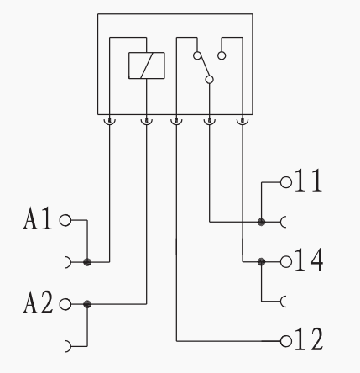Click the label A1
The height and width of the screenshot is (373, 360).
[x=38, y=218]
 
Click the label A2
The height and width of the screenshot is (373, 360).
[x=38, y=302]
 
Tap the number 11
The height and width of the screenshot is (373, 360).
[x=308, y=181]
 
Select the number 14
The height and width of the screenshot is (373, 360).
[x=309, y=260]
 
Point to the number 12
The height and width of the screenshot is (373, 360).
[x=309, y=339]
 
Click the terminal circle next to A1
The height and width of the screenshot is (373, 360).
[x=65, y=220]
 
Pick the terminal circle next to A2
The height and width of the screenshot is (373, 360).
[x=65, y=304]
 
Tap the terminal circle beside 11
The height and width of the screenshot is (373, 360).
[x=286, y=182]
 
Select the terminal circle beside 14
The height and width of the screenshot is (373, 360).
[x=286, y=262]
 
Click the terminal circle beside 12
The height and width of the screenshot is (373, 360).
[x=286, y=341]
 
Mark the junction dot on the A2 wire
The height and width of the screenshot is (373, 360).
[x=87, y=304]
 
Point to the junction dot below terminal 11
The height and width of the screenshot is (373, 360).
[x=261, y=223]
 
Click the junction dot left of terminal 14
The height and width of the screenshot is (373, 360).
[x=261, y=262]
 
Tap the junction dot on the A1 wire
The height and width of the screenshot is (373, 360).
[x=87, y=262]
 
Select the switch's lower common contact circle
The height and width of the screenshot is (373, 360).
[x=209, y=80]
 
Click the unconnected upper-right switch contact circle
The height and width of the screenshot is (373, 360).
[x=222, y=55]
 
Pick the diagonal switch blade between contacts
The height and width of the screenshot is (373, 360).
[x=204, y=67]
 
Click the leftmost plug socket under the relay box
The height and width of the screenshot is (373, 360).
[x=109, y=122]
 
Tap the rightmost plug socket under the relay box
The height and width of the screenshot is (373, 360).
[x=243, y=122]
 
